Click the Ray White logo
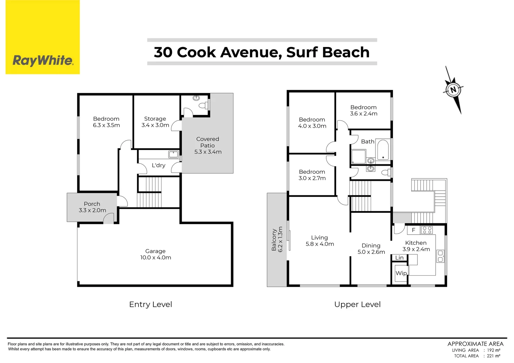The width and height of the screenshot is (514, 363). click(x=43, y=61)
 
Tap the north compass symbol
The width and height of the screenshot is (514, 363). click(x=453, y=90)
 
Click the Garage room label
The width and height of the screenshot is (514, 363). click(x=155, y=254)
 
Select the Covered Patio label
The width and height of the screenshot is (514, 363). click(x=208, y=145)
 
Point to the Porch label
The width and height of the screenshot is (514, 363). click(x=92, y=204)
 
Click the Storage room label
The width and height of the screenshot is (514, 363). click(x=155, y=119)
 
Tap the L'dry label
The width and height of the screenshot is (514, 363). click(x=158, y=165)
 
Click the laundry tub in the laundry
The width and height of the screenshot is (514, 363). click(x=174, y=154)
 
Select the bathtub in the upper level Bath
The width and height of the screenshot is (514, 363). click(x=383, y=150)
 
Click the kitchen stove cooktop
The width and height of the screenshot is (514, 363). click(x=427, y=230)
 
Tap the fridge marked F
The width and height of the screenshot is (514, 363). click(x=413, y=230)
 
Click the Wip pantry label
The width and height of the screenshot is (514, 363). click(x=401, y=273)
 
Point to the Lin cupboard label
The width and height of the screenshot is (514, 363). click(x=399, y=258)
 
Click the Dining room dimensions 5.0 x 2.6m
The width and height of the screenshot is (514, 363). click(x=371, y=252)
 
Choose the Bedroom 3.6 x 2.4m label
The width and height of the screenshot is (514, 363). click(x=363, y=111)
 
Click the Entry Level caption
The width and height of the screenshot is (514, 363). click(x=150, y=305)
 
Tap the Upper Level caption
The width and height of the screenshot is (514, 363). click(x=357, y=305)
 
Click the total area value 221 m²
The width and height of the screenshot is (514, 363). click(x=493, y=356)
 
